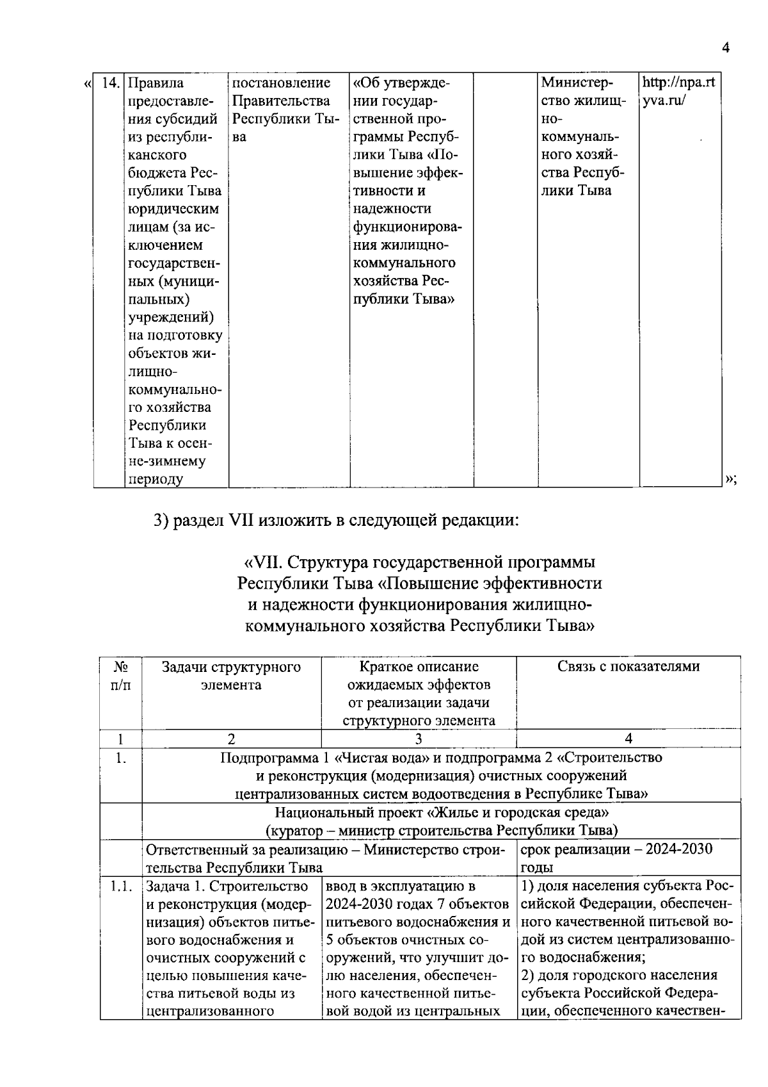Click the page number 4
(x=725, y=48)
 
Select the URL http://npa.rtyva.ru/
(x=678, y=92)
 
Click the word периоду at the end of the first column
(x=156, y=479)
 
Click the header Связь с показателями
(x=628, y=667)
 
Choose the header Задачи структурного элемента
(x=231, y=676)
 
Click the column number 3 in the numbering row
(x=418, y=739)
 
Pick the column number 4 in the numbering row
(x=628, y=739)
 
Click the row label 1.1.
(x=120, y=887)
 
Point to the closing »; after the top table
(x=731, y=480)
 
